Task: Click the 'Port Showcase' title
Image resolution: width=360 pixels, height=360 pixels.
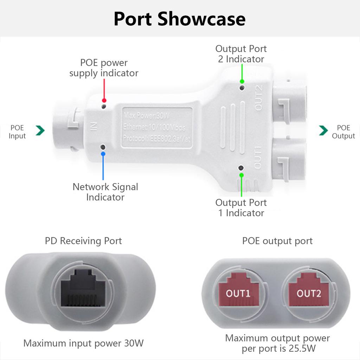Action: point(180,19)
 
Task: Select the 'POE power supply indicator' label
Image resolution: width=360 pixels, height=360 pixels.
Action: point(104,68)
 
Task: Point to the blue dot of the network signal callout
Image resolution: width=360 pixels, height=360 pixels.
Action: point(103,153)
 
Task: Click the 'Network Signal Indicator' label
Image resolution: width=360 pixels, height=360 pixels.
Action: point(105,192)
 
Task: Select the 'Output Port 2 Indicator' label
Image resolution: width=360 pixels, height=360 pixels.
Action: point(241,54)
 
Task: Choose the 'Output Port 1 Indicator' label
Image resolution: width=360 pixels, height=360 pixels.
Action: point(241,207)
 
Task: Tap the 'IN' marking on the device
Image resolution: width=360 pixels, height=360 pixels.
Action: point(94,126)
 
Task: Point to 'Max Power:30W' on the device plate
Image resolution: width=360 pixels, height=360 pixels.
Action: point(146,115)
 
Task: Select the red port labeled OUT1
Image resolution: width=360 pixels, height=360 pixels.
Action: point(238,292)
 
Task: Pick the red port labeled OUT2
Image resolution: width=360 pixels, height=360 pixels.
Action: point(308,292)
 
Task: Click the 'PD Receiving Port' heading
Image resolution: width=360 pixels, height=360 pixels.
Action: point(83,241)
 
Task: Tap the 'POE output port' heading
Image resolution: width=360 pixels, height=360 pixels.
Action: point(277,241)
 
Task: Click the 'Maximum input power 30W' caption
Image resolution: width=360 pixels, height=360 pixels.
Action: point(83,343)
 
